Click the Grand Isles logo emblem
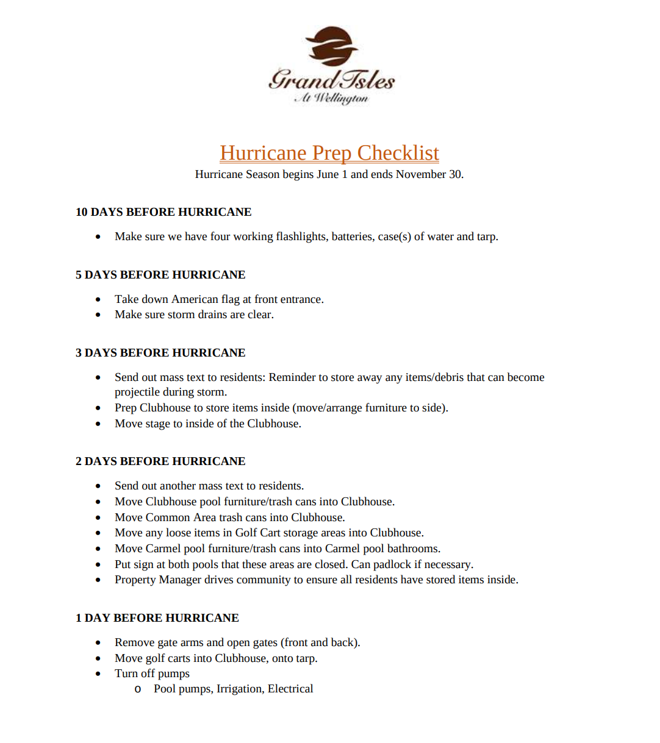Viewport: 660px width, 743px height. click(x=331, y=46)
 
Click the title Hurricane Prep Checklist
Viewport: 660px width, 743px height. click(x=329, y=153)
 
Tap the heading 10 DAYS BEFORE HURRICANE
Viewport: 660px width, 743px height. click(x=163, y=212)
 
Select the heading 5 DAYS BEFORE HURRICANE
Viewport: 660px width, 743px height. click(x=160, y=275)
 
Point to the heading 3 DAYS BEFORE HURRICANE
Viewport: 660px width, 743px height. click(x=160, y=353)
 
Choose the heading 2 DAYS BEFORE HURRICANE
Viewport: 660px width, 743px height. click(x=160, y=461)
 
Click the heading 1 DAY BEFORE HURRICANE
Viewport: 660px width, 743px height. click(x=157, y=618)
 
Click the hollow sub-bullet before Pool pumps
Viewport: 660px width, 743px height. click(x=138, y=689)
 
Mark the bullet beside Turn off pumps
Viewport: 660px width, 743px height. click(x=98, y=674)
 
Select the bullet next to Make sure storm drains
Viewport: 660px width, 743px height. click(x=98, y=315)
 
